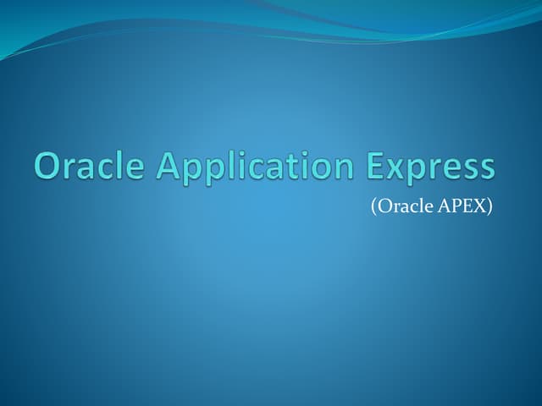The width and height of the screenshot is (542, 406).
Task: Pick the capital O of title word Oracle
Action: pos(48,166)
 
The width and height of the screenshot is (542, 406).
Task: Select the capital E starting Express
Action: pos(377,166)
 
